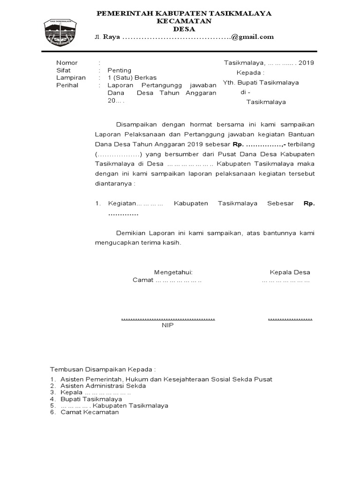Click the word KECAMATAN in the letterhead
click(184, 21)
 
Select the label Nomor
click(67, 62)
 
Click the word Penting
click(120, 70)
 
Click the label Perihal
click(67, 85)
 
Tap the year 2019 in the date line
click(306, 62)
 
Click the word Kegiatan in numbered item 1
click(121, 203)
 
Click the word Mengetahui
click(173, 272)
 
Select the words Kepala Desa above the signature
click(290, 272)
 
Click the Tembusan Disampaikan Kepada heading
click(103, 369)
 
